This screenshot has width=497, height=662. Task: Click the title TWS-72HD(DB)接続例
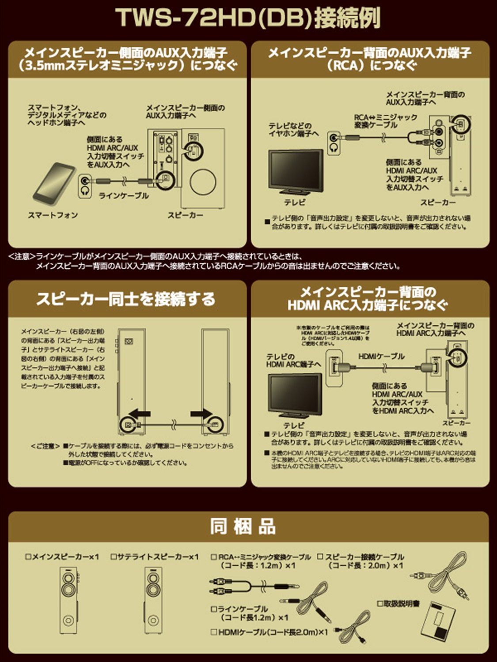pyautogui.click(x=248, y=19)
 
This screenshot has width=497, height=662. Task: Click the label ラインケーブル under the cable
pyautogui.click(x=124, y=196)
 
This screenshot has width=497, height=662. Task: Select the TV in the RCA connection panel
pyautogui.click(x=296, y=172)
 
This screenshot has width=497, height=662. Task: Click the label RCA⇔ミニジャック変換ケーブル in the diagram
pyautogui.click(x=385, y=121)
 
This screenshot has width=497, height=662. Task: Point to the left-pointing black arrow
pyautogui.click(x=140, y=414)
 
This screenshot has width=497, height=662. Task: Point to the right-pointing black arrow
pyautogui.click(x=201, y=414)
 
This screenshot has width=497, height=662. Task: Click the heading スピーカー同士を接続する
pyautogui.click(x=125, y=299)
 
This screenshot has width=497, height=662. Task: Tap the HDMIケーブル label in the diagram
pyautogui.click(x=381, y=356)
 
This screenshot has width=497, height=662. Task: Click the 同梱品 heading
pyautogui.click(x=243, y=527)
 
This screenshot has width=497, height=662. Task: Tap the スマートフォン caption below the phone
pyautogui.click(x=53, y=215)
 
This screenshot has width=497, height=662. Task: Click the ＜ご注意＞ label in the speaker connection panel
pyautogui.click(x=45, y=446)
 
